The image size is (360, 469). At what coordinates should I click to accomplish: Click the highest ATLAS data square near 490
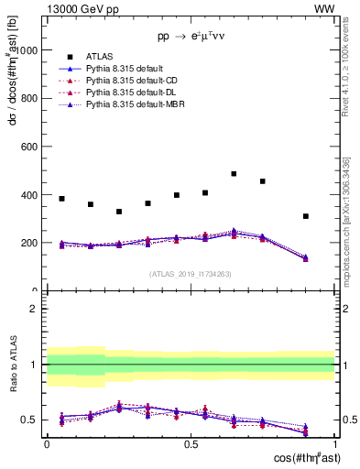click(x=234, y=173)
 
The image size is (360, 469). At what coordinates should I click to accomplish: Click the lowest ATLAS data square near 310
click(x=306, y=216)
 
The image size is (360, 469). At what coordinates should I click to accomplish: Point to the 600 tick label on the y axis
click(x=29, y=147)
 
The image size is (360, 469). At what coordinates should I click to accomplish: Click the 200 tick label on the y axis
click(x=29, y=244)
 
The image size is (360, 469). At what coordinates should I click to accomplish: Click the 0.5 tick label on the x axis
click(x=191, y=442)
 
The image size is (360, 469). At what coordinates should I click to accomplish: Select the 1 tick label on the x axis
click(x=334, y=442)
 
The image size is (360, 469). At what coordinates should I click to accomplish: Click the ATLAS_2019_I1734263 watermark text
click(x=191, y=273)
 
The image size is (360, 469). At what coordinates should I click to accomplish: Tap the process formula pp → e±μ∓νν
click(x=191, y=38)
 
